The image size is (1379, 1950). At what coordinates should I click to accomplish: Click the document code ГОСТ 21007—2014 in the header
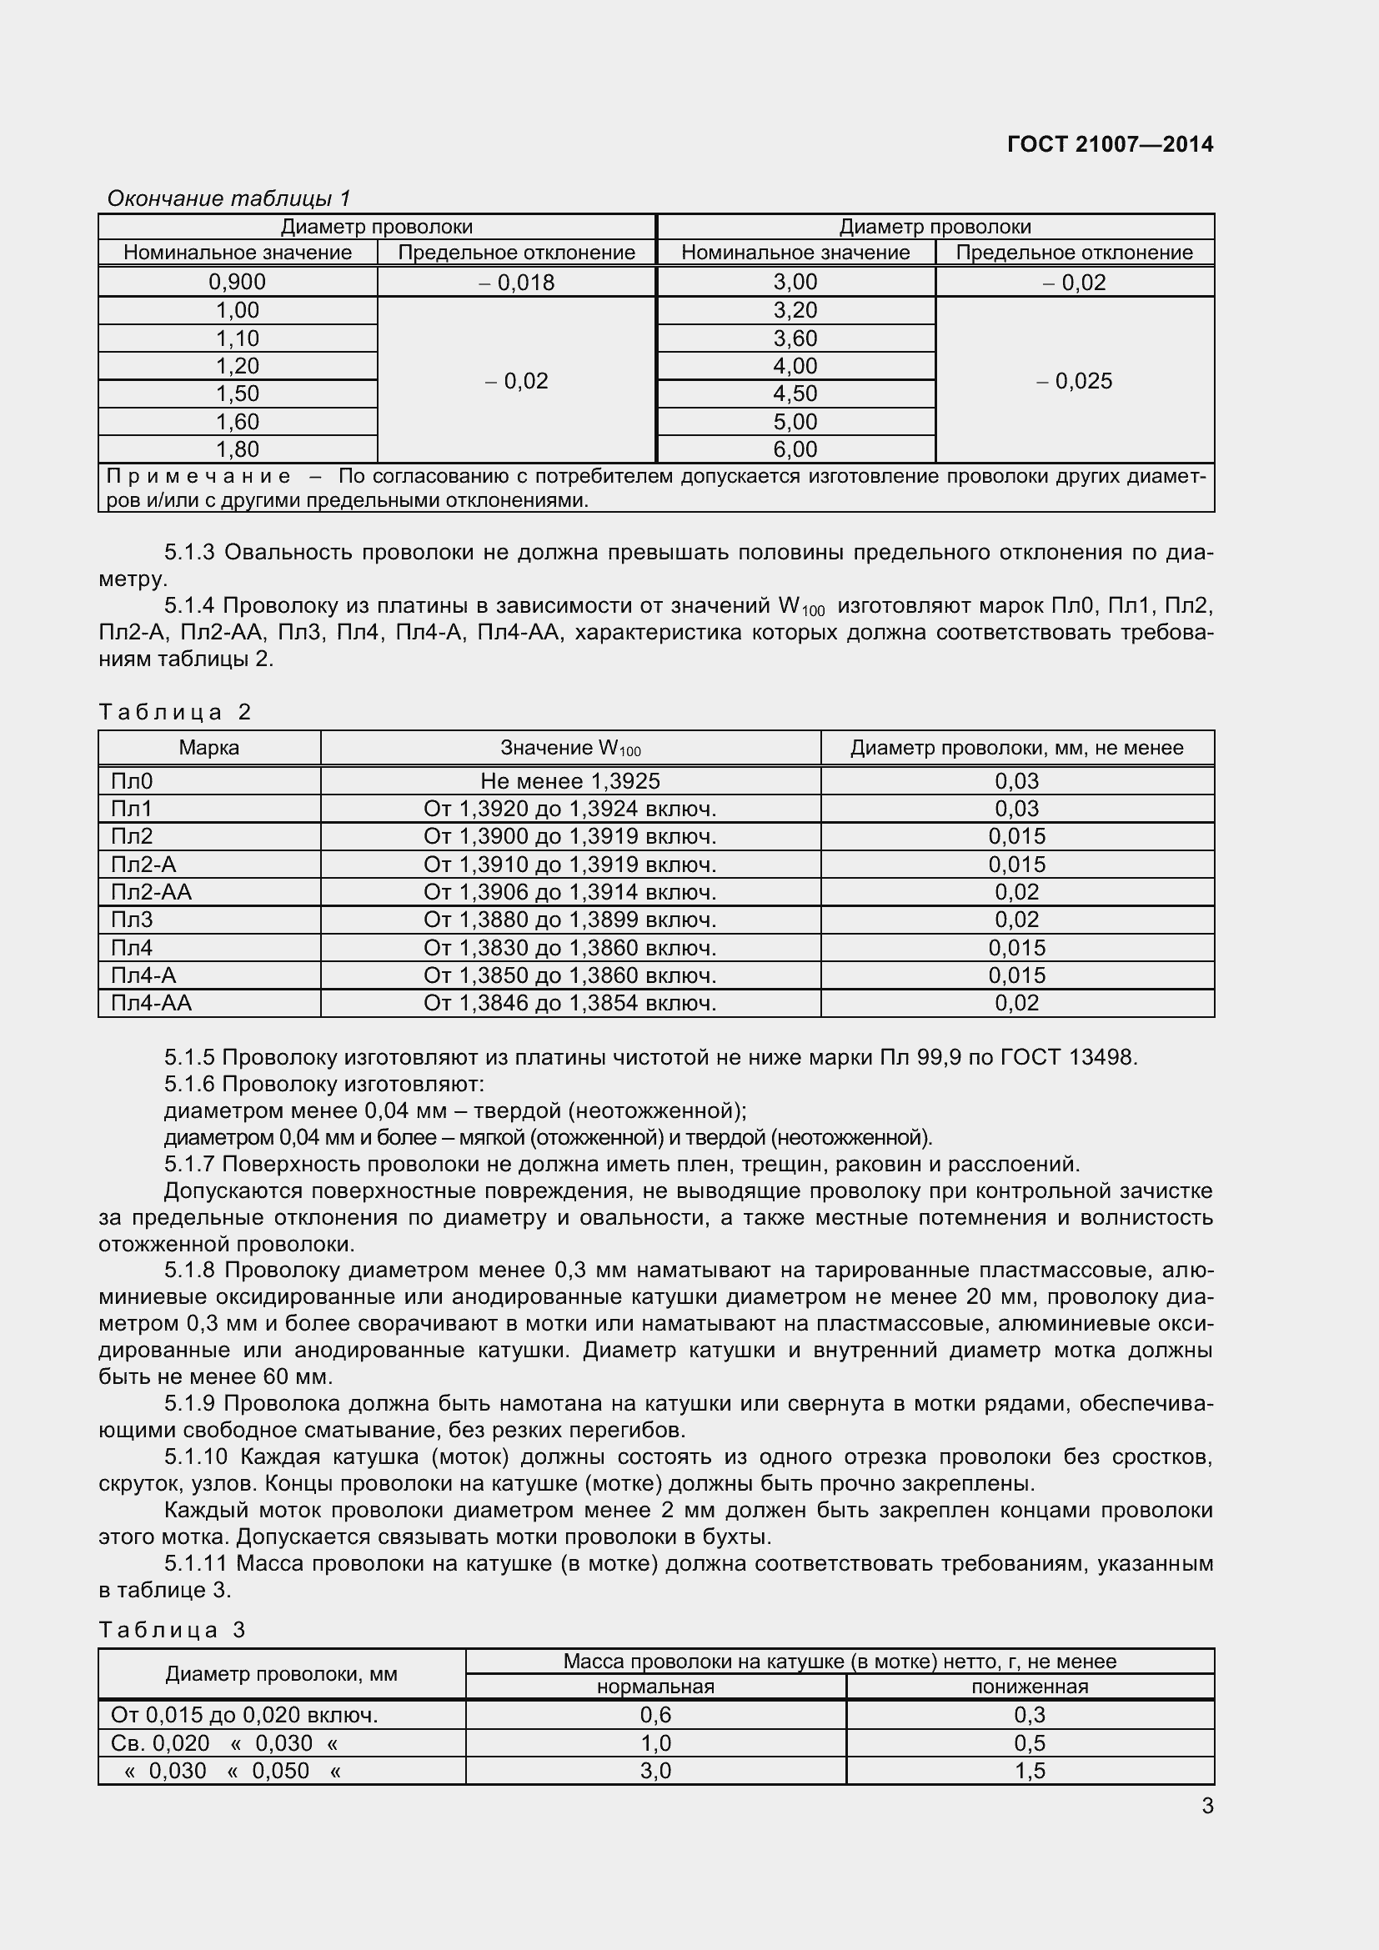coord(1110,144)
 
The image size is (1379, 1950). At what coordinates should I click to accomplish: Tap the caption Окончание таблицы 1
coord(228,198)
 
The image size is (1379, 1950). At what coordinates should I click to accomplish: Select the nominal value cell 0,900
coord(237,282)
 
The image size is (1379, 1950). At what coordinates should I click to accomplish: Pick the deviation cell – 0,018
coord(516,283)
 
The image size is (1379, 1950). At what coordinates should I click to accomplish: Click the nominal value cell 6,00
coord(795,449)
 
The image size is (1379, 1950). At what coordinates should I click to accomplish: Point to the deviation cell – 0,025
coord(1074,381)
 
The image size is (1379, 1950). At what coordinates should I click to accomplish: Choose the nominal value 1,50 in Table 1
coord(237,394)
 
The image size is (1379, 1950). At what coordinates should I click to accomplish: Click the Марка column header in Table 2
coord(209,747)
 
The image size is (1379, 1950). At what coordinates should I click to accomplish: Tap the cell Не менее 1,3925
coord(569,780)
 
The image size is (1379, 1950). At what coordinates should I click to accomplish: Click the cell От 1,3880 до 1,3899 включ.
coord(569,920)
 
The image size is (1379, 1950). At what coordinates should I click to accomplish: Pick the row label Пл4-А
coord(143,975)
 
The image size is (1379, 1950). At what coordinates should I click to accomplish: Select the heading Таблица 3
coord(173,1629)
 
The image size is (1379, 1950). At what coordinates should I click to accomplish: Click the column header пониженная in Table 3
coord(1029,1687)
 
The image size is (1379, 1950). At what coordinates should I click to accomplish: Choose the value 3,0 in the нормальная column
coord(655,1771)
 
